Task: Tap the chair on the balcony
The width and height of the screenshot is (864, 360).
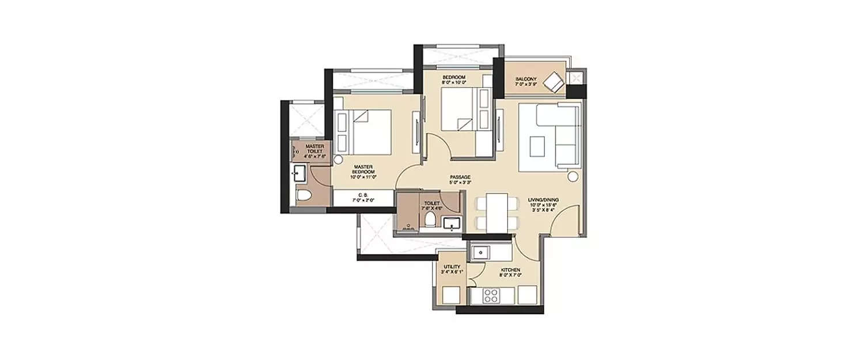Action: [x=555, y=82]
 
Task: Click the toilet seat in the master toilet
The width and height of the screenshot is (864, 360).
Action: [x=304, y=195]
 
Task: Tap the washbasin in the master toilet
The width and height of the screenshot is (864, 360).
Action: [x=299, y=172]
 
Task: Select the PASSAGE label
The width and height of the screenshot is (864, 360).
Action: [x=460, y=180]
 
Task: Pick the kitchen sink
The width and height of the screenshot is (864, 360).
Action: [x=480, y=252]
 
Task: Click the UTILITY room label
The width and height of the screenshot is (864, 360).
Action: [x=452, y=269]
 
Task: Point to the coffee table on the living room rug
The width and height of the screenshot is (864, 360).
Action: [x=539, y=145]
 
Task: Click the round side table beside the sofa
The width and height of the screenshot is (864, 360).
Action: [x=573, y=177]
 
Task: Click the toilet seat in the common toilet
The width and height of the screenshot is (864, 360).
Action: [x=430, y=221]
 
